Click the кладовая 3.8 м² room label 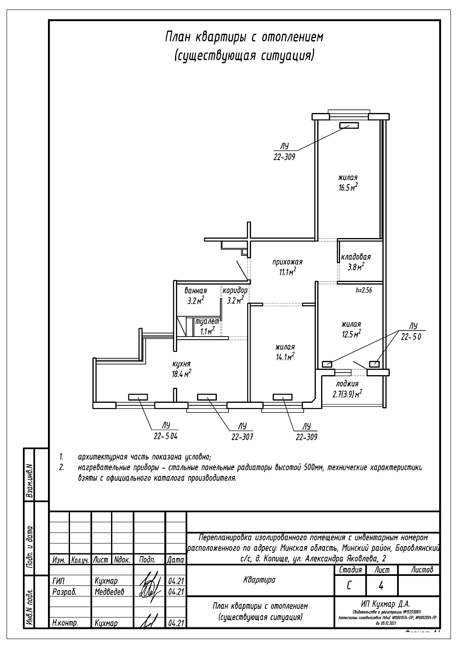(356, 262)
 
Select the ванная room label (195, 296)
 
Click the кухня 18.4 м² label (181, 369)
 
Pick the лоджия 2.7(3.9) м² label (347, 389)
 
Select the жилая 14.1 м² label (285, 352)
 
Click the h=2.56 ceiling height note (363, 291)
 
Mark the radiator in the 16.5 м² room (349, 125)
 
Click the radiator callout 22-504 (165, 436)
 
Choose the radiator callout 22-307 (242, 437)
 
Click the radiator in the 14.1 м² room (283, 397)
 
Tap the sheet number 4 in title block (381, 586)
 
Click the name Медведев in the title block (109, 591)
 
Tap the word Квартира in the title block (259, 580)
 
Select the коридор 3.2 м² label (235, 295)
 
